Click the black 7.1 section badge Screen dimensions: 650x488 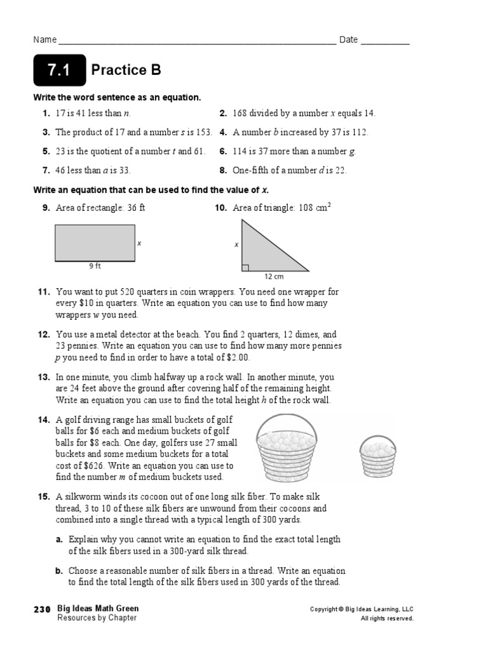click(59, 70)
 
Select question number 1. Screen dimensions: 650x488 click(46, 114)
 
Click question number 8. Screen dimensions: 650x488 click(223, 170)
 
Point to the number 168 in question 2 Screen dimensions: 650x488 click(240, 114)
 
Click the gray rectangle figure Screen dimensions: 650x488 click(95, 242)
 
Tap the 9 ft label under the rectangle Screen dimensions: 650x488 click(95, 267)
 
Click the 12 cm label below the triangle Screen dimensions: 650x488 click(274, 277)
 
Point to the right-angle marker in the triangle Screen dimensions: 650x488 click(245, 267)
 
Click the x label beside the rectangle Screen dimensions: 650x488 click(139, 243)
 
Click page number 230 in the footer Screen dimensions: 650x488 click(42, 609)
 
